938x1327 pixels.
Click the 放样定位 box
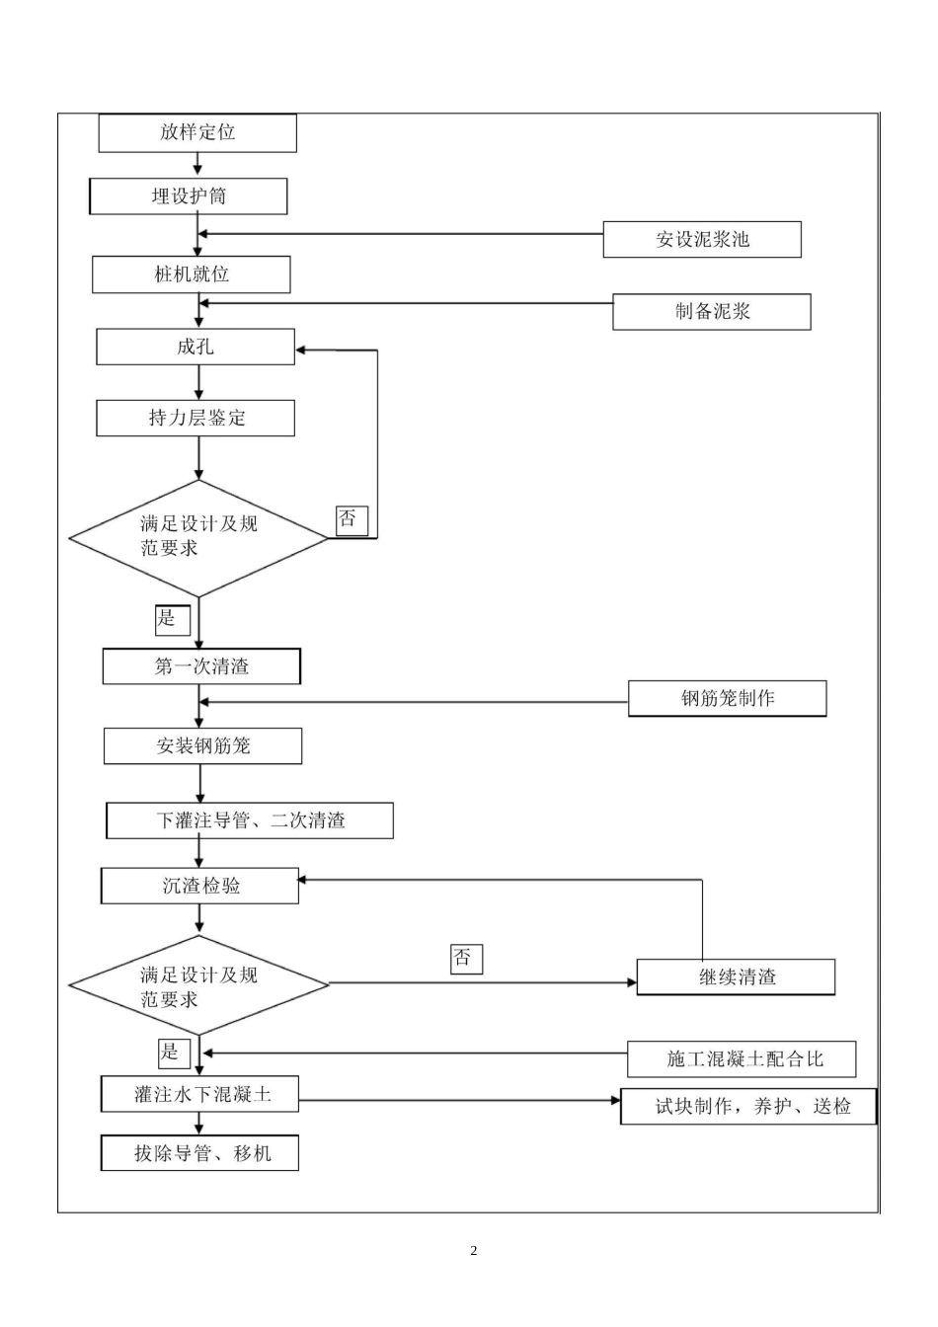(197, 132)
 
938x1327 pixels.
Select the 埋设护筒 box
(189, 196)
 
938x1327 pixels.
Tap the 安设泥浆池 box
(702, 239)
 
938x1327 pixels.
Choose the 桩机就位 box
(192, 274)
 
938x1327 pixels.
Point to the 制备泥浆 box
(712, 312)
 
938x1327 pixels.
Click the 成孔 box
(195, 347)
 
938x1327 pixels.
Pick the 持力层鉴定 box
(195, 418)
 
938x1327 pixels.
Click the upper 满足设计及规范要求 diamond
(197, 538)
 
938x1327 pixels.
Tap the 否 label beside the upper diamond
(351, 519)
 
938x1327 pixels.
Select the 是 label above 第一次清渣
(171, 619)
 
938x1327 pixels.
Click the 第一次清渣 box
(201, 666)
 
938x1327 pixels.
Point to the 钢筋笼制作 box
(728, 699)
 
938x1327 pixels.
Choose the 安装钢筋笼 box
(202, 746)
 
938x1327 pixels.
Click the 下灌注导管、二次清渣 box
(250, 820)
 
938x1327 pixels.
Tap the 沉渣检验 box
(200, 886)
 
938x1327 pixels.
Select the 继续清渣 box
(737, 977)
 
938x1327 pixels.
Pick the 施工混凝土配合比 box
(742, 1059)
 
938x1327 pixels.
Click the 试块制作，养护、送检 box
(749, 1107)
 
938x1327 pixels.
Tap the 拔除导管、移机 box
(200, 1153)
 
